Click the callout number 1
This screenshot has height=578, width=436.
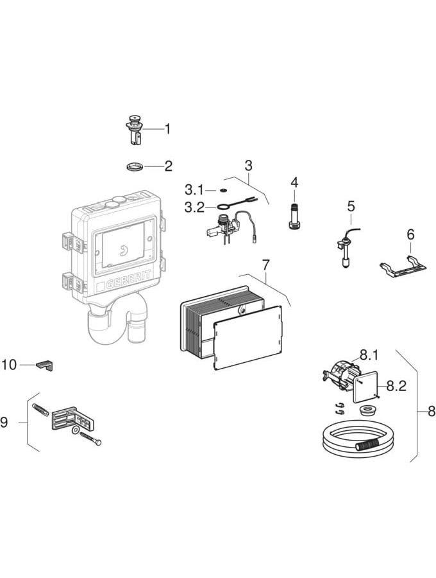click(x=168, y=128)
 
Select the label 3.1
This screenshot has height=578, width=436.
click(x=194, y=190)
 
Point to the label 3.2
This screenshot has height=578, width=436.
click(x=194, y=207)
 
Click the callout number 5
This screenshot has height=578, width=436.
click(x=351, y=206)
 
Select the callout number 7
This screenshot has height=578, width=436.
click(x=265, y=264)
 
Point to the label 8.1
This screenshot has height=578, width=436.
click(x=368, y=354)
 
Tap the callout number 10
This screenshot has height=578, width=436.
click(x=9, y=365)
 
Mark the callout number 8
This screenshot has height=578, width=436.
click(x=431, y=410)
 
